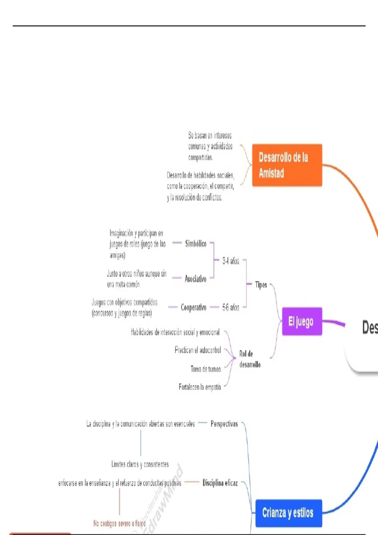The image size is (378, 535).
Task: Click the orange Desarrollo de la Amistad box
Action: pyautogui.click(x=287, y=165)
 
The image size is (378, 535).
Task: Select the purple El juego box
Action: pyautogui.click(x=302, y=321)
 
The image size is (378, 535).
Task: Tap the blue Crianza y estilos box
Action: pyautogui.click(x=288, y=513)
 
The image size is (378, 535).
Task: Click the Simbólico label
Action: pyautogui.click(x=196, y=243)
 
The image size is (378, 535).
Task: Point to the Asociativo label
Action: pyautogui.click(x=195, y=279)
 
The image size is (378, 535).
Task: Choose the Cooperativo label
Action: pyautogui.click(x=193, y=307)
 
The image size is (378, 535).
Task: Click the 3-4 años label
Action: pyautogui.click(x=231, y=261)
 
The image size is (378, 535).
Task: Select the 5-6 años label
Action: pyautogui.click(x=231, y=307)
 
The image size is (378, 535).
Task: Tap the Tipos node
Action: pyautogui.click(x=261, y=285)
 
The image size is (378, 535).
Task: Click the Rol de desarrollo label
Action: pyautogui.click(x=249, y=359)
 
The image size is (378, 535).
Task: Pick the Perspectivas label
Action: pyautogui.click(x=224, y=424)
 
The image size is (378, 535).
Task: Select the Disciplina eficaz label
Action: pyautogui.click(x=220, y=482)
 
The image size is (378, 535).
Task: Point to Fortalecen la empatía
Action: pyautogui.click(x=200, y=387)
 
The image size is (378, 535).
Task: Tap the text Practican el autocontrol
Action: pyautogui.click(x=198, y=350)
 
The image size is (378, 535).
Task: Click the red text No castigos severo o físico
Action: pyautogui.click(x=119, y=523)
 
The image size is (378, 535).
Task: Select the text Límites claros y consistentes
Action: pyautogui.click(x=140, y=464)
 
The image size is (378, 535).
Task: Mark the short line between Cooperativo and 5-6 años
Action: pyautogui.click(x=214, y=307)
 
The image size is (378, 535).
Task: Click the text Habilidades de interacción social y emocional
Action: pyautogui.click(x=175, y=332)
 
